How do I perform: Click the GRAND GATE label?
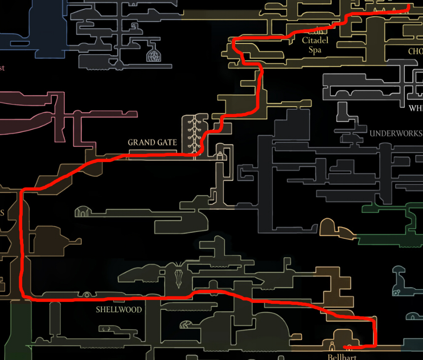152,143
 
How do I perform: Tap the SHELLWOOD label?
119,310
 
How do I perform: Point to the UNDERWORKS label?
395,133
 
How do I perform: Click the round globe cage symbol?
153,55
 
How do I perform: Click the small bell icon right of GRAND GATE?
220,156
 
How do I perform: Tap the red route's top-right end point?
409,7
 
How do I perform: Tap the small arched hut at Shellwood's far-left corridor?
81,213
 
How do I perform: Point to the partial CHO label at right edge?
415,51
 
